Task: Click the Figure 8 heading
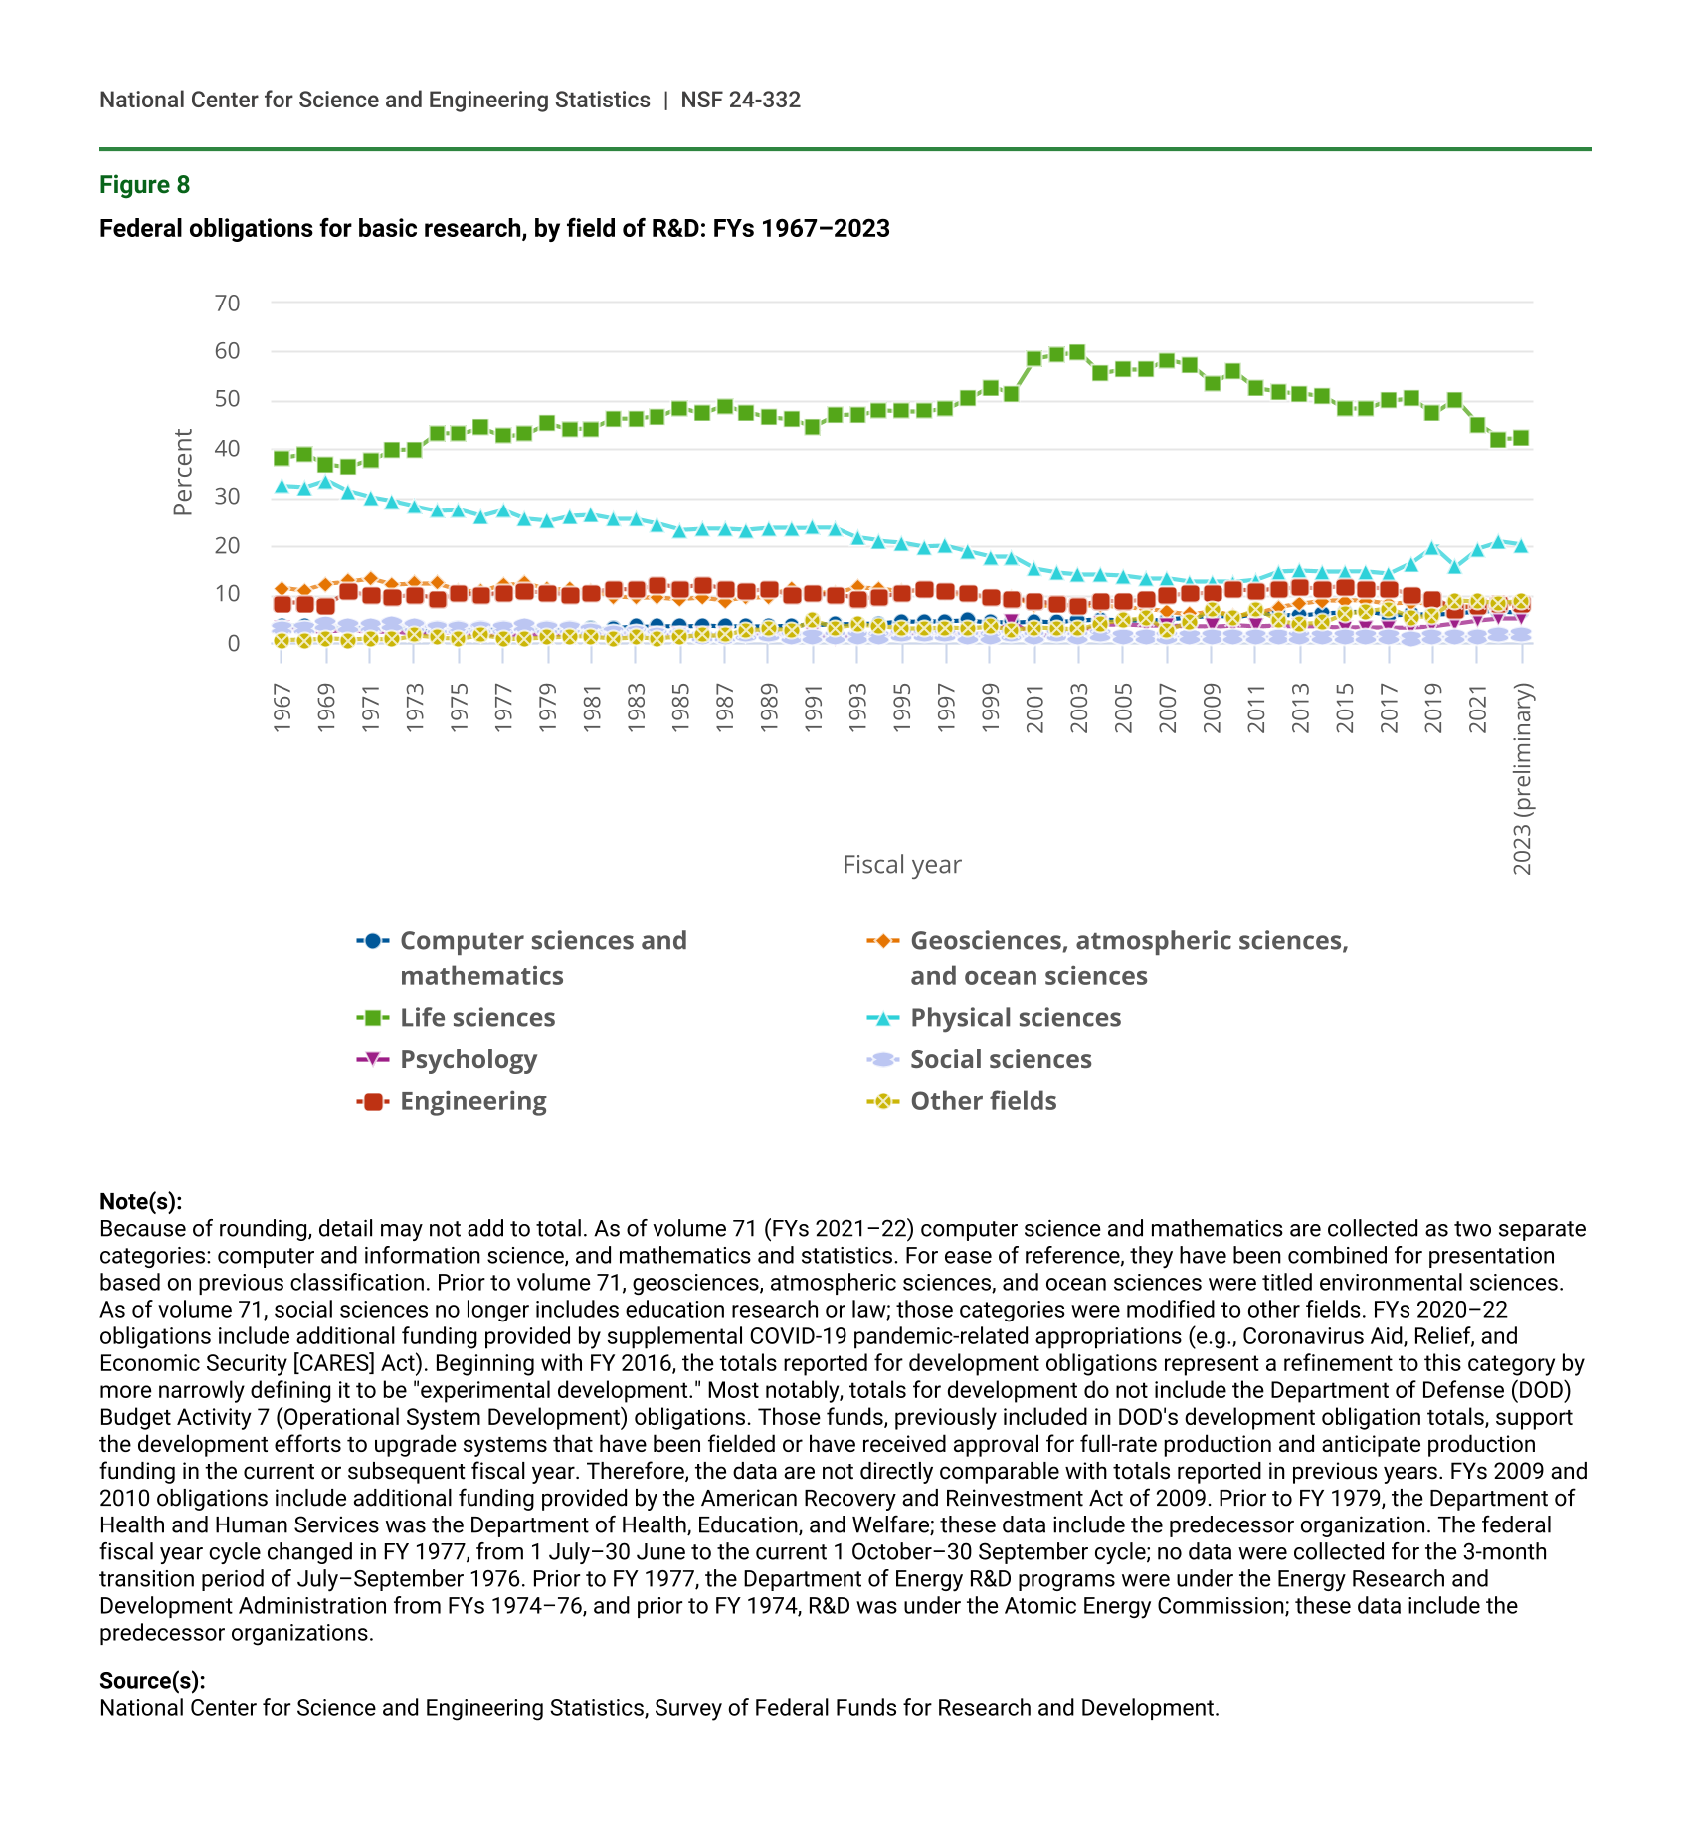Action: pos(144,185)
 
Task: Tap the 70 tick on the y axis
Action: pos(227,303)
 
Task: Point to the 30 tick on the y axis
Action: pos(227,497)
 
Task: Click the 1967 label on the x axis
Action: pos(282,708)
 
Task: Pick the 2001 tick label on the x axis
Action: pos(1034,708)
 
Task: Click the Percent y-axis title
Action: pos(182,473)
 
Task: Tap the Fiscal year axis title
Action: pos(901,865)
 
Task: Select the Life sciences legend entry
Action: pos(477,1018)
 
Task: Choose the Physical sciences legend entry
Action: pos(1015,1018)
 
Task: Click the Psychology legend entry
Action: pos(468,1060)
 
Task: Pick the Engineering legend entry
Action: pos(472,1102)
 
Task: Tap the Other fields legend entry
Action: pos(983,1102)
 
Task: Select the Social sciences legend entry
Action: pos(1001,1060)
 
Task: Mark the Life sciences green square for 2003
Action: pos(1077,352)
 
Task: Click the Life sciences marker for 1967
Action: pos(282,458)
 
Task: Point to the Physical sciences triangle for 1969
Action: pos(325,482)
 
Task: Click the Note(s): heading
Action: pos(140,1202)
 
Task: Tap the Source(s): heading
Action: pos(152,1681)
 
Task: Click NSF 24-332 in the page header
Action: pos(740,100)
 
